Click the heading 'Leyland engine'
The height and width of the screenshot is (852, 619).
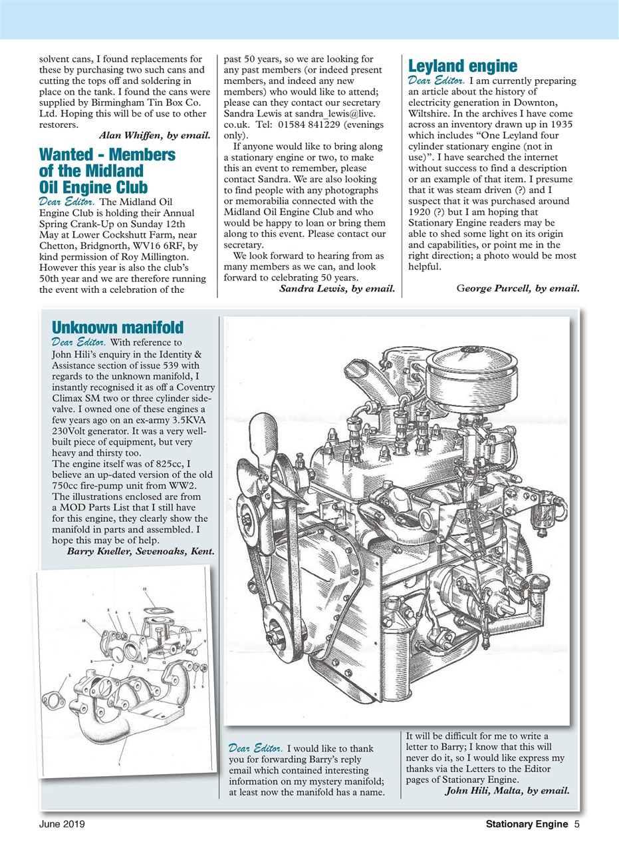(x=462, y=66)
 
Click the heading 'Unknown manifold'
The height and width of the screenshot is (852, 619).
(x=117, y=327)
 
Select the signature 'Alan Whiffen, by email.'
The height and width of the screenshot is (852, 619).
(x=154, y=136)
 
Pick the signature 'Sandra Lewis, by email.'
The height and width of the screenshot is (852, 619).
(x=336, y=288)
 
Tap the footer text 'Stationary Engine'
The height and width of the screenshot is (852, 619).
(x=526, y=825)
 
